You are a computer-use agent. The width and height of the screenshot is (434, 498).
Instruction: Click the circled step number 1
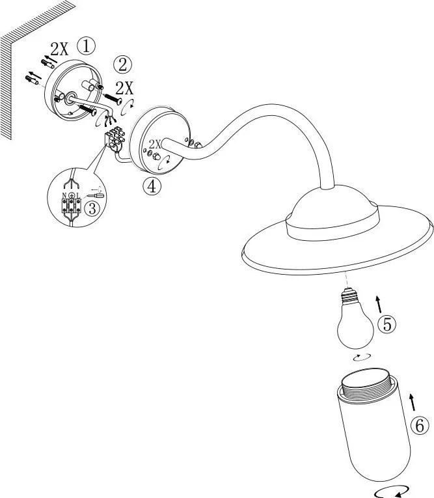click(86, 46)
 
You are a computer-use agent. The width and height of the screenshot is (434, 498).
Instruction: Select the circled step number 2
click(122, 65)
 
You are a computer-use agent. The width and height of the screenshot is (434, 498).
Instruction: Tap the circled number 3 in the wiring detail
click(92, 209)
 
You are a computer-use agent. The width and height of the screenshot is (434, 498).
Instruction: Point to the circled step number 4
click(152, 186)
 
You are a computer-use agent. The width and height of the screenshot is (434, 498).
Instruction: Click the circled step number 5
click(387, 325)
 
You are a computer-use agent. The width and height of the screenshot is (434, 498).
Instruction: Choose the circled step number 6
click(420, 425)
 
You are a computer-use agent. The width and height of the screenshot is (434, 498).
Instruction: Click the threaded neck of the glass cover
click(368, 385)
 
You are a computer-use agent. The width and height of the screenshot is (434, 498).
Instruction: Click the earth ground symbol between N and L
click(72, 195)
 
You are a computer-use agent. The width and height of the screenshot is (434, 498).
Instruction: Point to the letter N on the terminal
click(64, 196)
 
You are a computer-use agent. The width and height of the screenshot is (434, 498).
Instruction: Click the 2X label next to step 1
click(59, 49)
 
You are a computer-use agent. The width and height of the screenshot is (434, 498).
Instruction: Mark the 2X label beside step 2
click(124, 88)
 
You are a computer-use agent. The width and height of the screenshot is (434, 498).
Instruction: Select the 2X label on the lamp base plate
click(156, 144)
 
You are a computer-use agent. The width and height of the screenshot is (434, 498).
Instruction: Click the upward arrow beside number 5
click(379, 304)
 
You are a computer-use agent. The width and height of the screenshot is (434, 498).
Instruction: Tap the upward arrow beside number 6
click(412, 403)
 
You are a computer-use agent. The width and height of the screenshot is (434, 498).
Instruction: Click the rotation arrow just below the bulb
click(362, 357)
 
